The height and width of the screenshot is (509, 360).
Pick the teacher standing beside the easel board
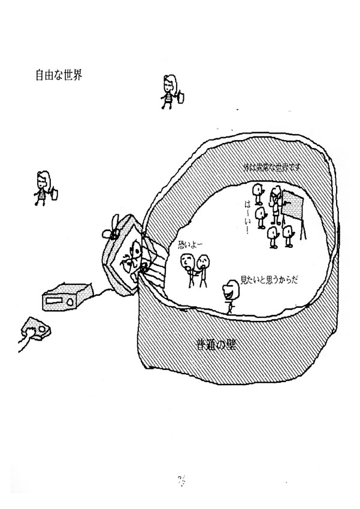tap(276, 204)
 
